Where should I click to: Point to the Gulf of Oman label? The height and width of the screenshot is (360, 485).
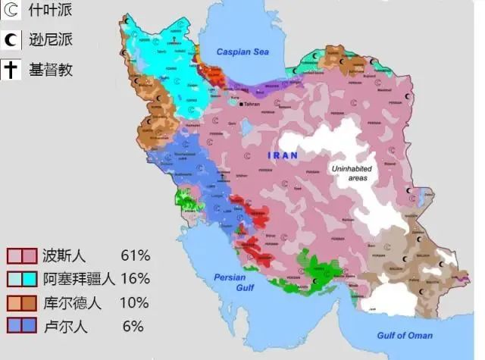click(405, 335)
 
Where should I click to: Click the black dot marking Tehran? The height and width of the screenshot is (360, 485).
click(241, 104)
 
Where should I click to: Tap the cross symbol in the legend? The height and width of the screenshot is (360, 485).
click(11, 69)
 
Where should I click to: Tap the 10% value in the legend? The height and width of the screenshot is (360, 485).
click(135, 303)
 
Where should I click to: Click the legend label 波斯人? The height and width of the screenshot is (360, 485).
click(65, 255)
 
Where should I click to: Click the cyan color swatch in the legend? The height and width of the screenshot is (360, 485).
click(30, 279)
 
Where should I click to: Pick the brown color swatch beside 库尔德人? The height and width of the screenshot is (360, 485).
click(30, 303)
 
